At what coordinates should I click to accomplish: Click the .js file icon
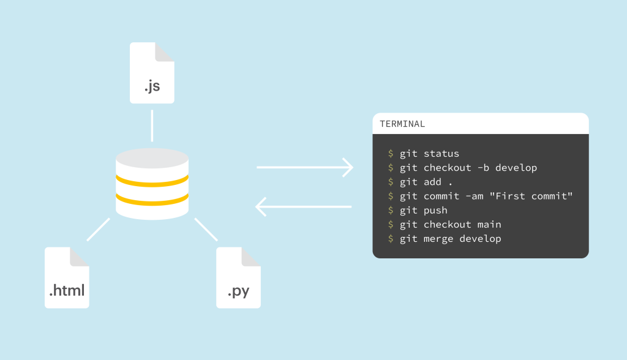(152, 73)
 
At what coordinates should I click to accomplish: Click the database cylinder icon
(152, 184)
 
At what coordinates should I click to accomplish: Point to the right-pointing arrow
(304, 167)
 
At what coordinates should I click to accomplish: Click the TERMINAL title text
(402, 124)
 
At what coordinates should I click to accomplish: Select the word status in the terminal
(441, 154)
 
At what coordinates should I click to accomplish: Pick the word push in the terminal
(435, 210)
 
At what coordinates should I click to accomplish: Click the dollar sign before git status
(391, 154)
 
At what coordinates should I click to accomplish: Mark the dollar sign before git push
(391, 210)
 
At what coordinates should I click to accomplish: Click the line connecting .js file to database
(152, 126)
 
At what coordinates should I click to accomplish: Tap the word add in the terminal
(432, 182)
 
